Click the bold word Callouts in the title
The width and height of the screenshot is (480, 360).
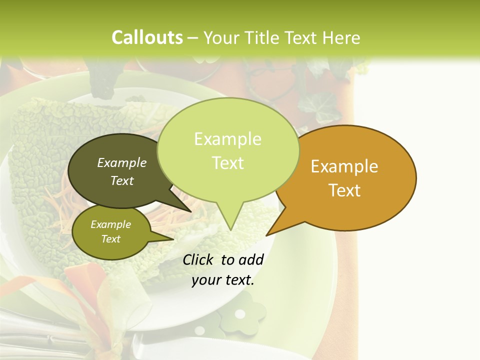[147, 37]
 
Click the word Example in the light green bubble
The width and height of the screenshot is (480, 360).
[227, 139]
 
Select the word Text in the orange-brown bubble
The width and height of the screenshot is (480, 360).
[345, 190]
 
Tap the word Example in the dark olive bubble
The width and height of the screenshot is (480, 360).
[122, 162]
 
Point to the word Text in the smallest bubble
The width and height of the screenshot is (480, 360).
[111, 239]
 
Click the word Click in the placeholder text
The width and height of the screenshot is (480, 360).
[198, 259]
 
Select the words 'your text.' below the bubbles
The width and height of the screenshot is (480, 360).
[223, 280]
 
